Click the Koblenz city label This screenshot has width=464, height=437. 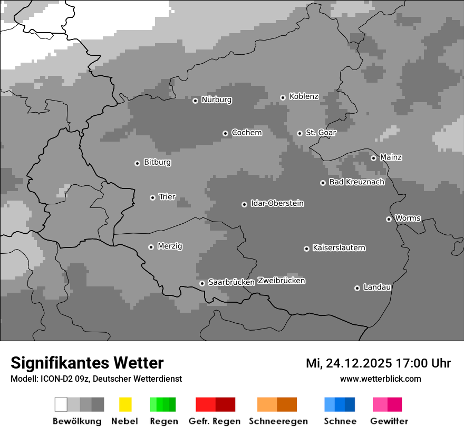tap(304, 97)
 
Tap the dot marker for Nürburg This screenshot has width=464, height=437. tap(195, 101)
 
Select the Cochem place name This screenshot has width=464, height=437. tap(246, 133)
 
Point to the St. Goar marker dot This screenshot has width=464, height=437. tap(299, 134)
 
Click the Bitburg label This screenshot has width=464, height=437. tap(157, 163)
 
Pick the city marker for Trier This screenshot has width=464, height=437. tap(152, 197)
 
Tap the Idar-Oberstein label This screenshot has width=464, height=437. tap(277, 204)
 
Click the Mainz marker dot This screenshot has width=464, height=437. tap(373, 158)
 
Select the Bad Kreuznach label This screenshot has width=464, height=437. tap(356, 182)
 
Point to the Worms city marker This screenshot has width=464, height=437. tap(389, 219)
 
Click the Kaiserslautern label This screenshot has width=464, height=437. tap(339, 248)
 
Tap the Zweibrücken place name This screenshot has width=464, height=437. tap(281, 281)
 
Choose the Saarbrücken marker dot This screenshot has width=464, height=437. tap(202, 283)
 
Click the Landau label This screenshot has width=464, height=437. tap(377, 287)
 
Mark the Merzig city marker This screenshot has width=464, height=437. tap(151, 247)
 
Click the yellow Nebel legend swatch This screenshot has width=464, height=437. tap(125, 404)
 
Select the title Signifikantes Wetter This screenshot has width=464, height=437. tap(87, 363)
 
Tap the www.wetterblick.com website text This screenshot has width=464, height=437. tap(380, 379)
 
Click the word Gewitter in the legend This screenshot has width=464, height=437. tap(389, 421)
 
